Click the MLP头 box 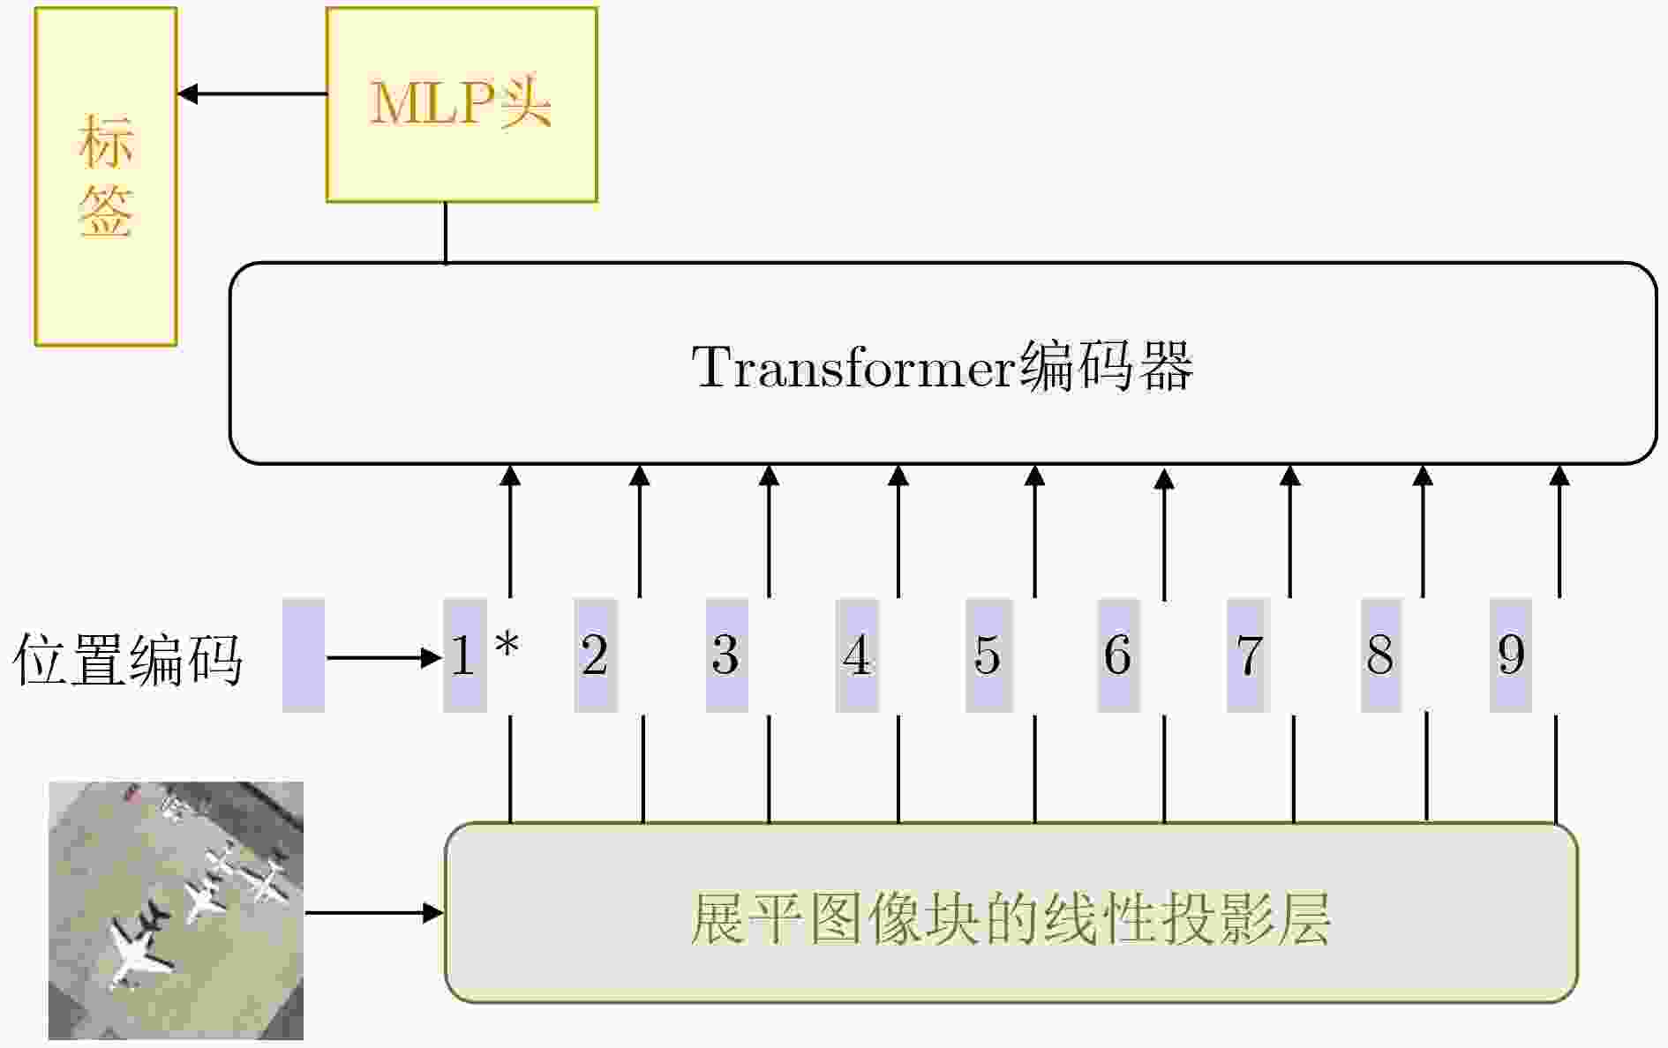click(x=462, y=105)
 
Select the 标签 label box click(x=106, y=176)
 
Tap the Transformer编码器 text click(x=943, y=366)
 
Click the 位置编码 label click(x=128, y=659)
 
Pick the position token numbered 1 click(x=464, y=655)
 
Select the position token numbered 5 click(x=988, y=655)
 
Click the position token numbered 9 click(x=1511, y=655)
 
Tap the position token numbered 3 click(x=726, y=655)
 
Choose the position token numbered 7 click(x=1248, y=655)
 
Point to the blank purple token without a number click(x=304, y=655)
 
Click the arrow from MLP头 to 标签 click(x=252, y=94)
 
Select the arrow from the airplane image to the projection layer click(x=374, y=913)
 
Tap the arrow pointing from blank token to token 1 click(x=384, y=657)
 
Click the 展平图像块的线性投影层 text click(x=1010, y=919)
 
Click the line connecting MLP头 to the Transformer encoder click(x=445, y=233)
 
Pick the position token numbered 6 click(x=1118, y=655)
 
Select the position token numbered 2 click(x=596, y=655)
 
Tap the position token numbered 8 click(x=1380, y=655)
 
